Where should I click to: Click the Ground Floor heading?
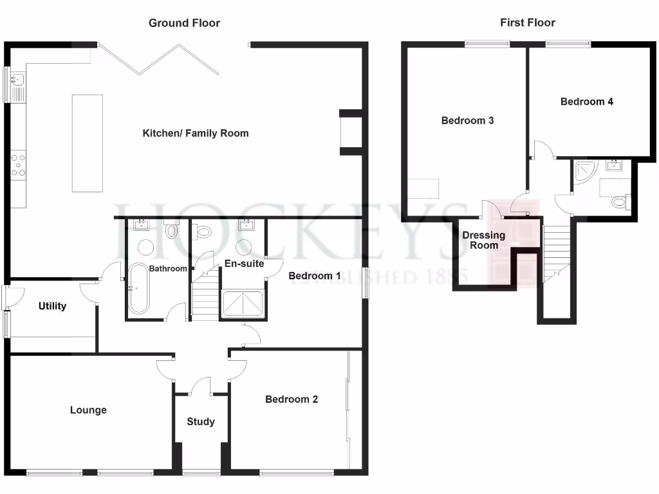pyautogui.click(x=184, y=23)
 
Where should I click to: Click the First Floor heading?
pyautogui.click(x=527, y=23)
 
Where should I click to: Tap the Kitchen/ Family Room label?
pyautogui.click(x=195, y=133)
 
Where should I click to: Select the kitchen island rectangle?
pyautogui.click(x=87, y=143)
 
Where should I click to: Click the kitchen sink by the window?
pyautogui.click(x=18, y=82)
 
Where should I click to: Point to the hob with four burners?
pyautogui.click(x=18, y=164)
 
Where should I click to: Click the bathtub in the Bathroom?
pyautogui.click(x=138, y=289)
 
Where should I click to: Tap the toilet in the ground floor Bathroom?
pyautogui.click(x=171, y=230)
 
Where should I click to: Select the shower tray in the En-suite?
pyautogui.click(x=242, y=304)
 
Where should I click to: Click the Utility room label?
pyautogui.click(x=52, y=306)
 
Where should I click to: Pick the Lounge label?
pyautogui.click(x=88, y=410)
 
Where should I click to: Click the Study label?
pyautogui.click(x=201, y=422)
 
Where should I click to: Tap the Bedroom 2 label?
pyautogui.click(x=292, y=399)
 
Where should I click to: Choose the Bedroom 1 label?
pyautogui.click(x=315, y=276)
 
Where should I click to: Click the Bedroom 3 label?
pyautogui.click(x=467, y=120)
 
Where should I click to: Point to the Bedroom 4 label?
pyautogui.click(x=586, y=102)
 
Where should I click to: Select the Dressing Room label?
pyautogui.click(x=484, y=240)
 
